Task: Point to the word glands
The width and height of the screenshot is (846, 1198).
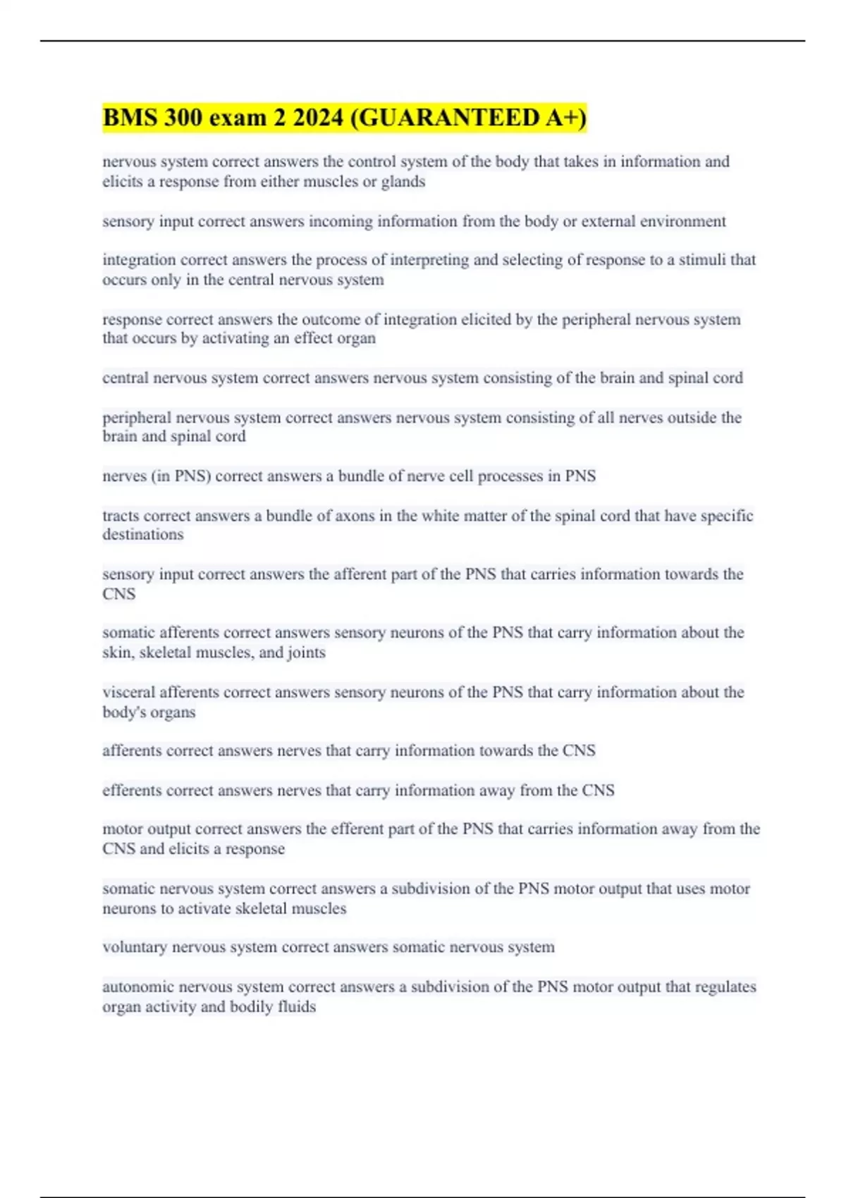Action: click(403, 182)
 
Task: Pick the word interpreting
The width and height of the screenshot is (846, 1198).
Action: click(429, 260)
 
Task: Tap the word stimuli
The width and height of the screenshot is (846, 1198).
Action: click(701, 260)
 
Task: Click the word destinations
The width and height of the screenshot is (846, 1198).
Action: click(142, 535)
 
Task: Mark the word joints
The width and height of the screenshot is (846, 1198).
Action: click(307, 653)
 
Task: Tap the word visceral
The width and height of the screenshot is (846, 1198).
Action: click(128, 692)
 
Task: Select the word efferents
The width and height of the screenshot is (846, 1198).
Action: click(132, 791)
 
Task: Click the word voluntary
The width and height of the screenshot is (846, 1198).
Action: click(135, 947)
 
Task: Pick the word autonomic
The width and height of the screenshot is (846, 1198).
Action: click(137, 987)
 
